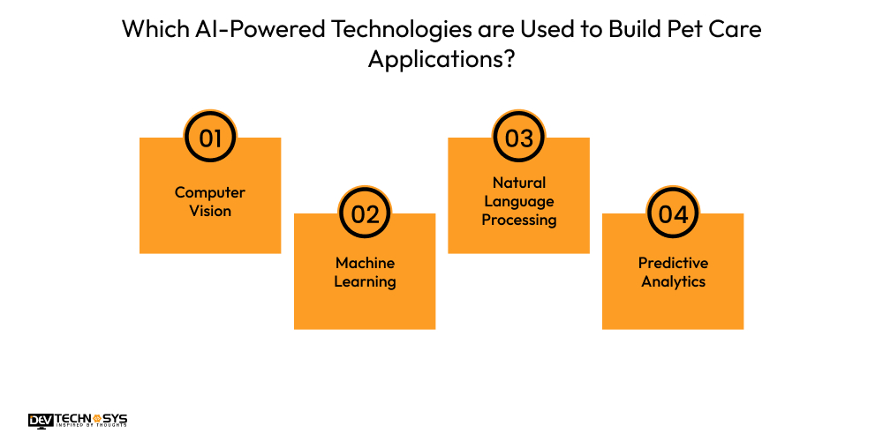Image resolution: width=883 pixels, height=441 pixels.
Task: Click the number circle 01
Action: [210, 138]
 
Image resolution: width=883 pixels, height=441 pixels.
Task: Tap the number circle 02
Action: [365, 213]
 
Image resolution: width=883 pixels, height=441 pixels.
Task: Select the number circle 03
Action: [519, 138]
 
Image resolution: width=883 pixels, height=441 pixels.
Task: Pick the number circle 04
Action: [673, 213]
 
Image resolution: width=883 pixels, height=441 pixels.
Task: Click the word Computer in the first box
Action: [210, 192]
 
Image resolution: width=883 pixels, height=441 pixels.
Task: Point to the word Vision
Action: [210, 211]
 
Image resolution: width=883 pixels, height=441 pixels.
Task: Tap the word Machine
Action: [365, 263]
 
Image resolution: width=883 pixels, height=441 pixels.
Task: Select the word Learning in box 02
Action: [365, 282]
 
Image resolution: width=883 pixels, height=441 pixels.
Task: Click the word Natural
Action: [519, 183]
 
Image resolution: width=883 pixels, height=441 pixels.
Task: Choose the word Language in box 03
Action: [519, 201]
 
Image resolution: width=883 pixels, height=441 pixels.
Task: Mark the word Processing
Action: [519, 220]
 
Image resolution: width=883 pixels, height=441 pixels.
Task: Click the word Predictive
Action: [673, 263]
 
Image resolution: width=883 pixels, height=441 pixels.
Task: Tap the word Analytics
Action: [673, 282]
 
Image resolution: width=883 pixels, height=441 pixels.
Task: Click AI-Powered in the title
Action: [248, 29]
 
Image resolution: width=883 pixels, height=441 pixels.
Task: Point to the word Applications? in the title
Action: [441, 60]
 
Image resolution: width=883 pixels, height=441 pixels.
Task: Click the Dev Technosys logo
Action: [77, 421]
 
